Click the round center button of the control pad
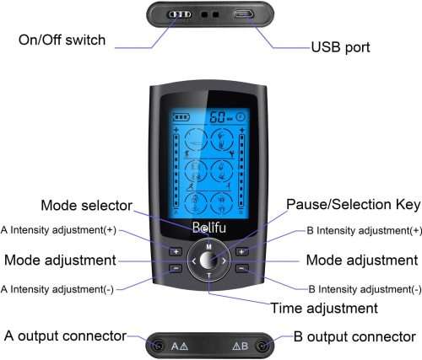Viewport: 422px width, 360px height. click(208, 261)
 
